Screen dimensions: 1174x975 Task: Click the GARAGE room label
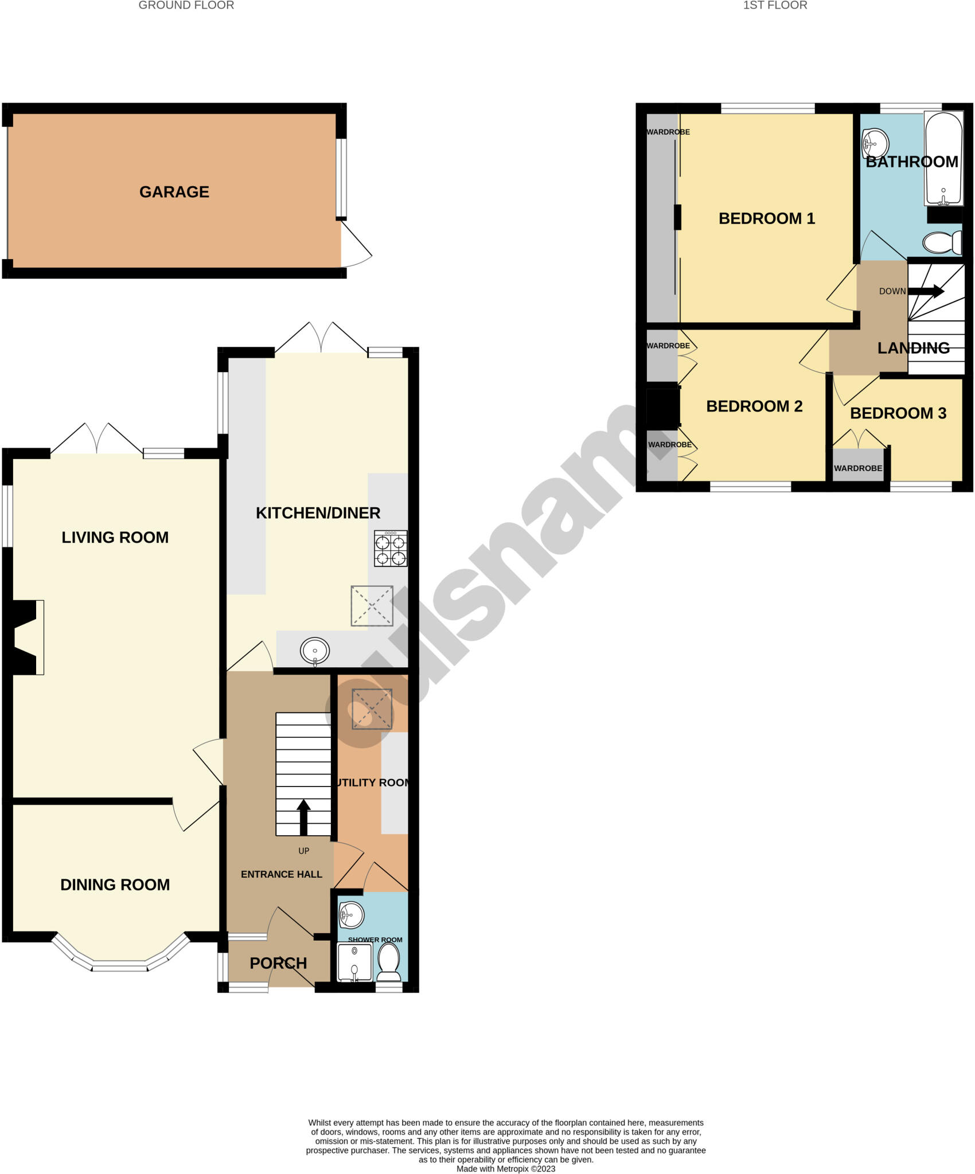(x=174, y=191)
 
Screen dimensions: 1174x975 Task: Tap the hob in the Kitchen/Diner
(x=391, y=549)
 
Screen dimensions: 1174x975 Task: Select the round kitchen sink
(x=314, y=651)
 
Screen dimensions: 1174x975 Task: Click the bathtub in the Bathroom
(x=943, y=159)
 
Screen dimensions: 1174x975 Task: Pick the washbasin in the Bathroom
(x=875, y=143)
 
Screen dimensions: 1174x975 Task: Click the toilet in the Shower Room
(x=389, y=961)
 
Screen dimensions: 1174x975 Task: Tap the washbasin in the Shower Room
(x=351, y=914)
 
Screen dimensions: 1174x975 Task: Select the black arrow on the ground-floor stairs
(x=303, y=817)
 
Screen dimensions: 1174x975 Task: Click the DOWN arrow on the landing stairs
(x=926, y=291)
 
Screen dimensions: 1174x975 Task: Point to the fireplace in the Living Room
(x=28, y=637)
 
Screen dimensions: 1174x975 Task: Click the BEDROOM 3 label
(x=898, y=413)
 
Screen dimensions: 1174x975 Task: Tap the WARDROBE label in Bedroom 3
(x=857, y=468)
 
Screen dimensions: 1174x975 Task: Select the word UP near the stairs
(x=303, y=851)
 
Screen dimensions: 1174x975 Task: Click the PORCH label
(x=278, y=963)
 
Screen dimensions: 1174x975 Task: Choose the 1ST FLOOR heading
(x=775, y=5)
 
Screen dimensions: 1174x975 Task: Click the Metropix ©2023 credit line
(x=505, y=1169)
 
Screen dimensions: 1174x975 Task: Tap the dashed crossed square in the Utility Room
(x=372, y=709)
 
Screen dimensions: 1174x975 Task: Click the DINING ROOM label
(x=115, y=885)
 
